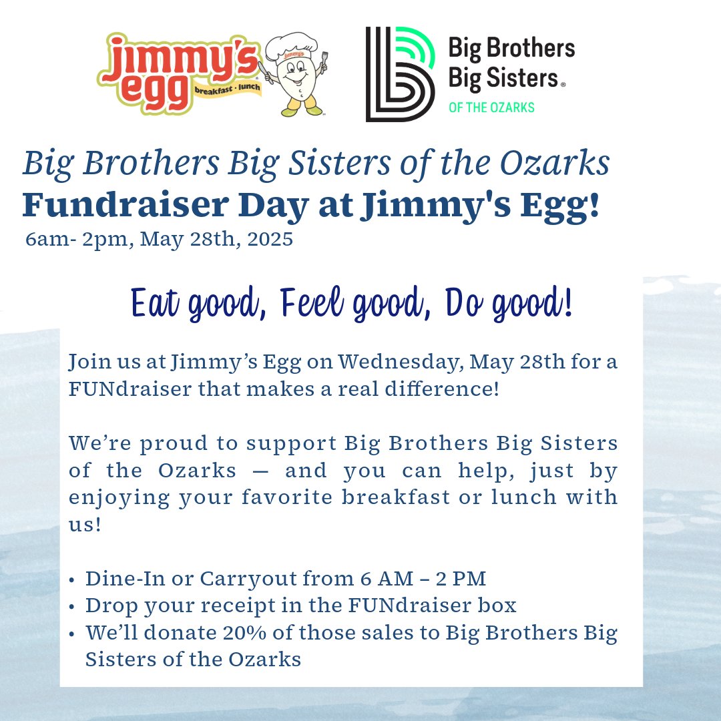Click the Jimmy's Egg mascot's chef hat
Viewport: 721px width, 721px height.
[x=291, y=46]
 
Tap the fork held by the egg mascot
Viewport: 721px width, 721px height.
[x=324, y=62]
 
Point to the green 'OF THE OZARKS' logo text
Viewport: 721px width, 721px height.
[x=491, y=107]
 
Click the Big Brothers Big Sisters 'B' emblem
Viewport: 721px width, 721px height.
[x=401, y=74]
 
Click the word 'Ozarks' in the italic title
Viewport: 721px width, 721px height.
[x=555, y=163]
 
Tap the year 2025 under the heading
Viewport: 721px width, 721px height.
[x=270, y=239]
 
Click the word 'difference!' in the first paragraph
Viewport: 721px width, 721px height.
[x=442, y=389]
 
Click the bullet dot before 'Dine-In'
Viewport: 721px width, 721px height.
[x=71, y=580]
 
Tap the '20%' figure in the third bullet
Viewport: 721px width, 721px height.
[x=244, y=633]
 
